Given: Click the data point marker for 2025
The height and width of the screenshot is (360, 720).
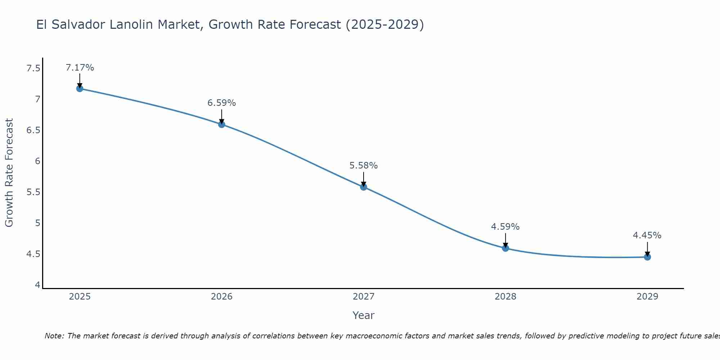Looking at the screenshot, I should click(80, 89).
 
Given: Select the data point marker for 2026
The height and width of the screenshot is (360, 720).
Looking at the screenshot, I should click(222, 124).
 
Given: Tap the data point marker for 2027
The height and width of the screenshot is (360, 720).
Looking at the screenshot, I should click(364, 187).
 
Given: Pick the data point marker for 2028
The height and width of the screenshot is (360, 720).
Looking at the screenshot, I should click(505, 248).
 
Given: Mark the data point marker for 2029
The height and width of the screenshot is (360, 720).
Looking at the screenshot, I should click(647, 257).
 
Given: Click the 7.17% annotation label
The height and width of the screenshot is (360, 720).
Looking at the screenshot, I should click(80, 68).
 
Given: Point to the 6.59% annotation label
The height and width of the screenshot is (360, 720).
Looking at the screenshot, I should click(222, 103).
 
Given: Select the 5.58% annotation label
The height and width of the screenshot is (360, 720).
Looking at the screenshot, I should click(364, 166).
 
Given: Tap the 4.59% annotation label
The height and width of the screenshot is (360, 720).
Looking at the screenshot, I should click(505, 227).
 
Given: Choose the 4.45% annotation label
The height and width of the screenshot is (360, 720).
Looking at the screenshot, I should click(647, 235).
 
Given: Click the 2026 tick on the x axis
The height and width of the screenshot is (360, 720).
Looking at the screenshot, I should click(222, 297).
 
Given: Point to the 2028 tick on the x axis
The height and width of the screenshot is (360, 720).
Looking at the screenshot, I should click(505, 297).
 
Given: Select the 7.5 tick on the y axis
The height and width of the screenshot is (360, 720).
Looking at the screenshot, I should click(33, 68).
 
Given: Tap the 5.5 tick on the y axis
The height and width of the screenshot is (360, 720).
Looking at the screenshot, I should click(33, 192).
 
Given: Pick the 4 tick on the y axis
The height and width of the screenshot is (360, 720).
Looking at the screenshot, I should click(37, 285).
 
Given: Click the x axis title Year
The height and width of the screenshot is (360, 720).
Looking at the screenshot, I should click(364, 315).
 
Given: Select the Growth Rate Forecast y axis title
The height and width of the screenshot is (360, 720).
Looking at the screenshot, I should click(9, 173).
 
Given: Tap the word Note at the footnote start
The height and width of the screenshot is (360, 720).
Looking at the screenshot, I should click(54, 336).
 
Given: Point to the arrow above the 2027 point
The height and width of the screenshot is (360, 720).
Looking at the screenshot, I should click(364, 179).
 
